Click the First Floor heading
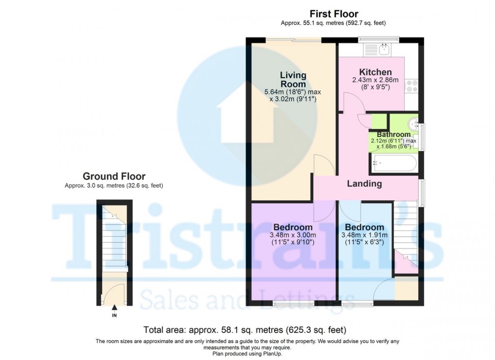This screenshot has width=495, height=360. (334, 14)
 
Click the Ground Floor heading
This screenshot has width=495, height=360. (114, 176)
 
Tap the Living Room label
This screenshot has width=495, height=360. (293, 80)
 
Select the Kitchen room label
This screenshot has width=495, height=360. (375, 72)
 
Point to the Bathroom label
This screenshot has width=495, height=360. (394, 134)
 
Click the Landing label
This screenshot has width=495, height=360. (364, 183)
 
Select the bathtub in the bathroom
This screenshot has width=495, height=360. (394, 163)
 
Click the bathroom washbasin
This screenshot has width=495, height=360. (413, 123)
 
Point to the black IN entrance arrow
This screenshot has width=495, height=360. (114, 307)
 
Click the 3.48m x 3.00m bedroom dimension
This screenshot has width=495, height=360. (293, 235)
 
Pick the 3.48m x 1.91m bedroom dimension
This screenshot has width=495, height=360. (364, 235)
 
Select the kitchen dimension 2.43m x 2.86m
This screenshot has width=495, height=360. (375, 80)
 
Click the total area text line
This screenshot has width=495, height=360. (245, 330)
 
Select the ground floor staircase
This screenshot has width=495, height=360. (114, 238)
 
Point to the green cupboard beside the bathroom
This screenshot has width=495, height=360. (379, 121)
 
